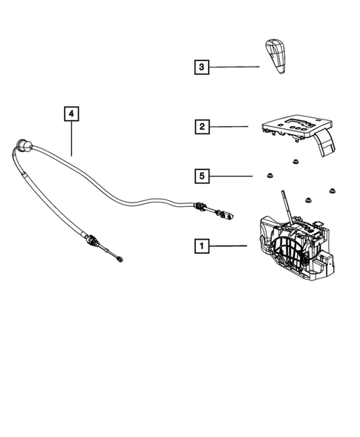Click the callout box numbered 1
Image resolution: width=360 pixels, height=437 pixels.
(200, 244)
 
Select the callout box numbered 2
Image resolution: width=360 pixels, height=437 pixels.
(200, 127)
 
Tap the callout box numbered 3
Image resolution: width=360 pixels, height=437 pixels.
(200, 68)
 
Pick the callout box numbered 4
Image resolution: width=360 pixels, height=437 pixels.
(71, 114)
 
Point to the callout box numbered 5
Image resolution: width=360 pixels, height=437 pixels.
(200, 176)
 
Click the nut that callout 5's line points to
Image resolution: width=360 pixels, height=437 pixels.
(263, 176)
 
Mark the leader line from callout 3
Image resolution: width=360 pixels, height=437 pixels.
(234, 68)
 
